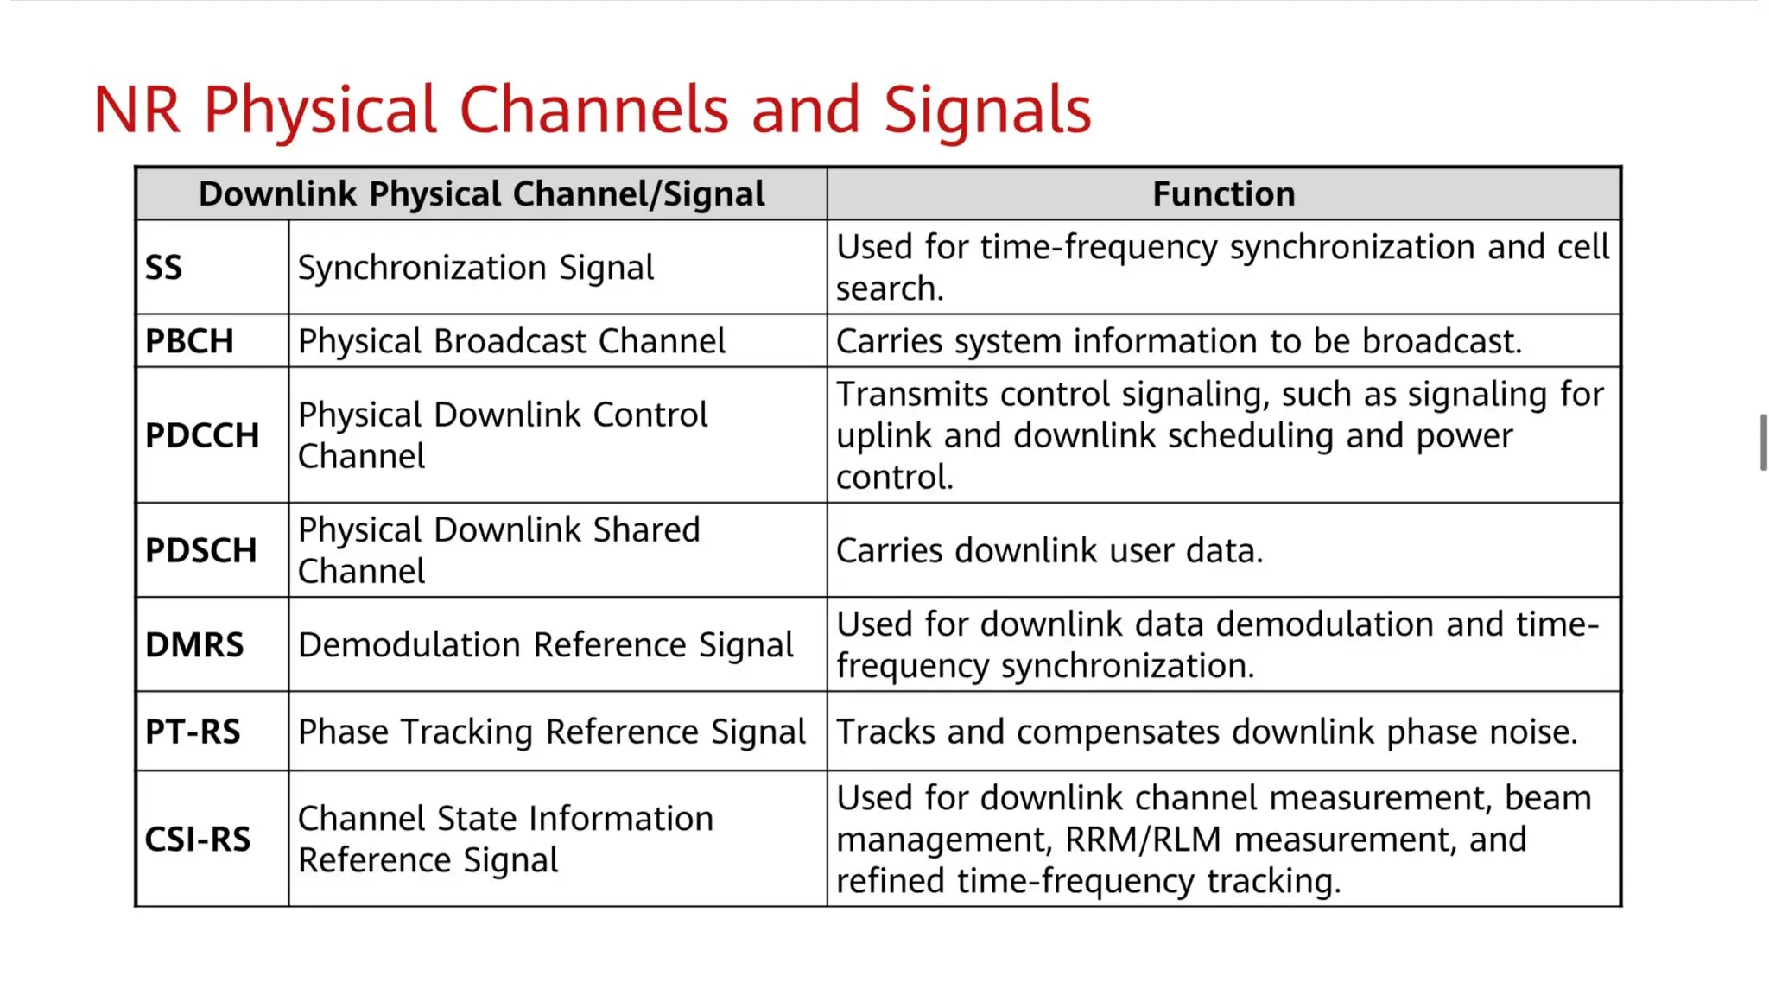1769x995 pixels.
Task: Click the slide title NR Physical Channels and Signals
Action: click(593, 111)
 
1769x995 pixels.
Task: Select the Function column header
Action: click(1223, 194)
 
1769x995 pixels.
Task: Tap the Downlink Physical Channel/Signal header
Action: click(481, 194)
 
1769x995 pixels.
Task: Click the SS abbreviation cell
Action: click(164, 268)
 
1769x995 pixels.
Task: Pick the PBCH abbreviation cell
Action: click(189, 341)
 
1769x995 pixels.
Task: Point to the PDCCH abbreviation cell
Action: click(202, 435)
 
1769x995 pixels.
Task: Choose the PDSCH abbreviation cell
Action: click(201, 550)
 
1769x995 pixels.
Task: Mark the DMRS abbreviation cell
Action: click(194, 645)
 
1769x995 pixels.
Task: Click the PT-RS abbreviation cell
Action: click(193, 732)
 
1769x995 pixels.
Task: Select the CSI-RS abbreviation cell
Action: click(198, 840)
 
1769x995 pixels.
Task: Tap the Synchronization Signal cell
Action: click(476, 268)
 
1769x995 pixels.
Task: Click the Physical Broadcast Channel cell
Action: click(511, 341)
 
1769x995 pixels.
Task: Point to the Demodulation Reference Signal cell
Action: click(545, 645)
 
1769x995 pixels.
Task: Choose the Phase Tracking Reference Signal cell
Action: click(551, 732)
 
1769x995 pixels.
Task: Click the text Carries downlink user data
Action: click(1049, 551)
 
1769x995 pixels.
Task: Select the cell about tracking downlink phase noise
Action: click(1207, 732)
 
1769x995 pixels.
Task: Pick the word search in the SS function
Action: click(888, 289)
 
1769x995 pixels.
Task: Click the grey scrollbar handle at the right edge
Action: click(1763, 442)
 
